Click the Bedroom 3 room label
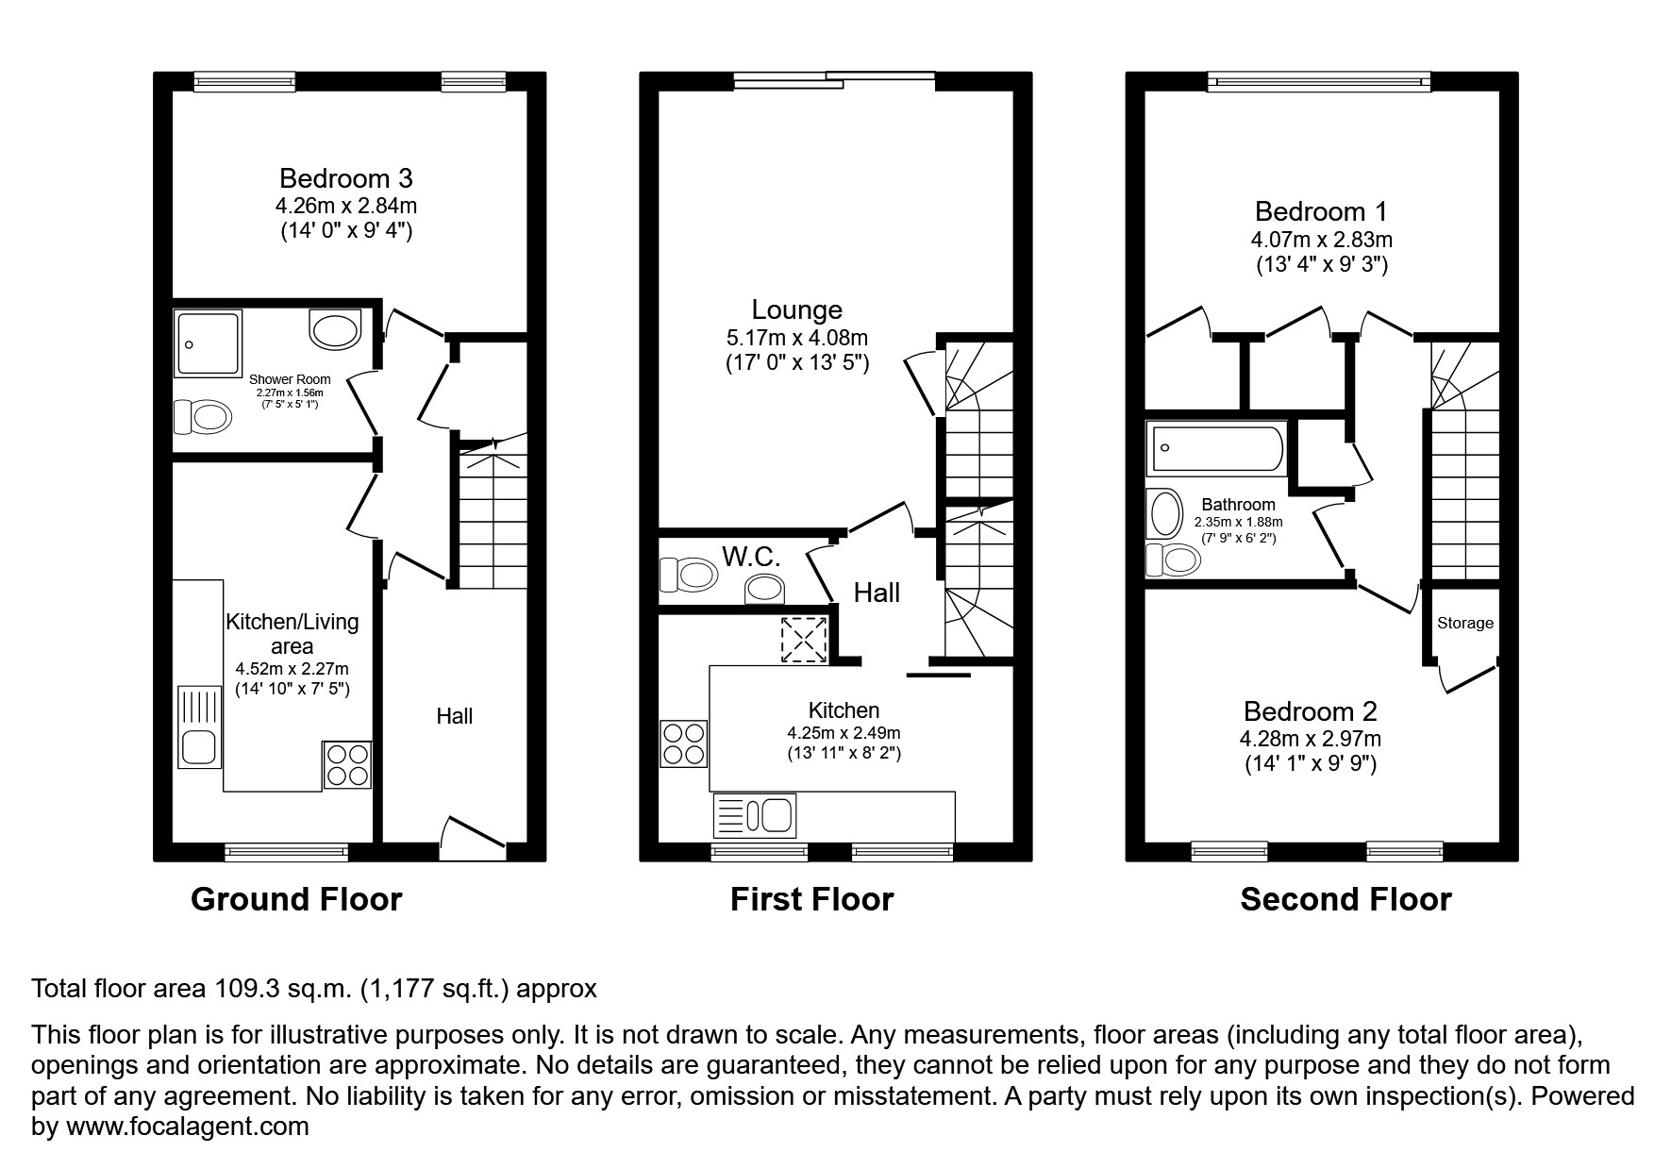coord(346,178)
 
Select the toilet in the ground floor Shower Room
coord(203,416)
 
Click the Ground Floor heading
coord(296,899)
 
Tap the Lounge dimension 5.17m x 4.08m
coord(797,337)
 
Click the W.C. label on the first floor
coord(751,557)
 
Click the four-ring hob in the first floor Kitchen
coord(684,743)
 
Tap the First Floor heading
coord(811,899)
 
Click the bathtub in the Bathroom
coord(1215,447)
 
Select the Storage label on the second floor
coord(1465,623)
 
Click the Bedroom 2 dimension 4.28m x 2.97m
coord(1311,739)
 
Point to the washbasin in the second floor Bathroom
coord(1165,515)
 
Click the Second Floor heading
coord(1345,899)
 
